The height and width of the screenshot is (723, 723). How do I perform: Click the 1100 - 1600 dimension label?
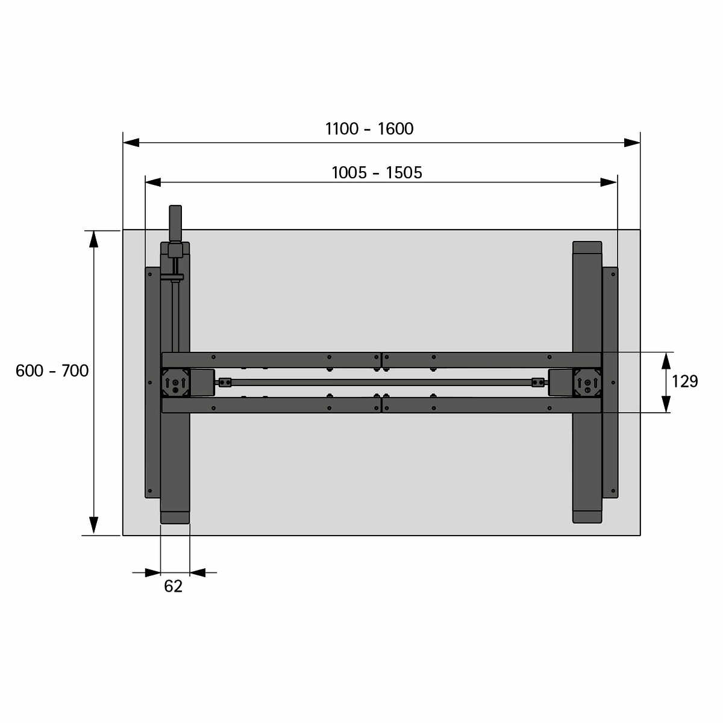tap(369, 129)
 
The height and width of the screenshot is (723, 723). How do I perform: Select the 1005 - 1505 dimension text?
tap(377, 172)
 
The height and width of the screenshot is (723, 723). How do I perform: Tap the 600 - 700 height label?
tap(52, 371)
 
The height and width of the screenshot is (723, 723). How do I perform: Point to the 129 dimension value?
tap(684, 381)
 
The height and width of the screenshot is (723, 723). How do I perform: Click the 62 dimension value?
tap(174, 586)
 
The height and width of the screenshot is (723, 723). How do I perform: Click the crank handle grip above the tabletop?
tap(175, 224)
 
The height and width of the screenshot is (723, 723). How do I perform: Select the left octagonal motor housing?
tap(175, 383)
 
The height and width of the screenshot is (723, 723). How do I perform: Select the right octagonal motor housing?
tap(587, 383)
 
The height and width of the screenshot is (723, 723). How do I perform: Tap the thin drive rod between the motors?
tap(381, 383)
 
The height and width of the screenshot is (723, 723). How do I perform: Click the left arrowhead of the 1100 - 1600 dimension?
tap(131, 143)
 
